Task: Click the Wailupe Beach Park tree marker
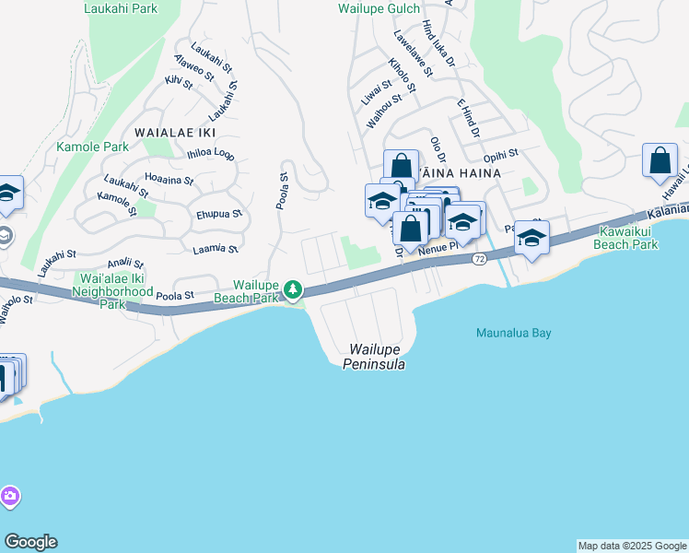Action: tap(293, 290)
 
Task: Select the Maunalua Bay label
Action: tap(513, 333)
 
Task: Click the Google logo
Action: tap(30, 542)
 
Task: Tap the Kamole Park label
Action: tap(92, 147)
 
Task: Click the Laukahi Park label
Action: tap(120, 8)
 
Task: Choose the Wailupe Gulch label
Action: tap(379, 8)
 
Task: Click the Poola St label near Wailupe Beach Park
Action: tap(174, 297)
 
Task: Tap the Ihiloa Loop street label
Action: tap(211, 154)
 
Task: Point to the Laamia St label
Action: tap(215, 249)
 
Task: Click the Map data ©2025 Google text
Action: tap(631, 546)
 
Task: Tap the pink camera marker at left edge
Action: tap(9, 498)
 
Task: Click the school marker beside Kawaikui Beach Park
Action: tap(531, 238)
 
